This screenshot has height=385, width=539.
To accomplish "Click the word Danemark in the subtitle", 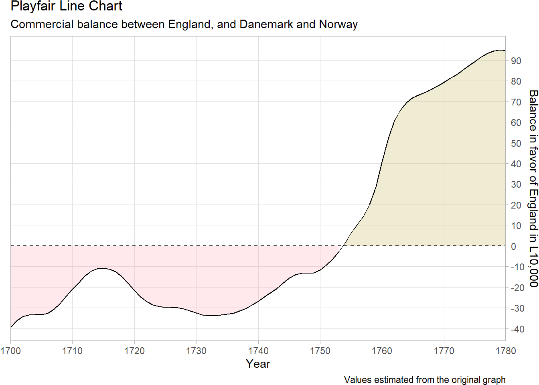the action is pos(266,24).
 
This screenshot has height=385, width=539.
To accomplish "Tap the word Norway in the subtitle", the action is pos(338,25).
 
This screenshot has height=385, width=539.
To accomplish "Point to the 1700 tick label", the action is pos(10,351).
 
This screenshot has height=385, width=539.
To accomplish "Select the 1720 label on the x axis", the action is pos(134,351).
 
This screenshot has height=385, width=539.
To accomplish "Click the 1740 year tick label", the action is pos(258,351).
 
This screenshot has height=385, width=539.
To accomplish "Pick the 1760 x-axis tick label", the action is pos(382,351).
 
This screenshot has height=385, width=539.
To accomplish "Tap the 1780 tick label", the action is pos(506,351).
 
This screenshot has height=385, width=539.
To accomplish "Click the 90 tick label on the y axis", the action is pos(516,61).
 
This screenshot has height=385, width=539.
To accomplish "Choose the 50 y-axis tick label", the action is pos(516,144).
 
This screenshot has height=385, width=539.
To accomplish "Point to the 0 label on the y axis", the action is pos(513,246).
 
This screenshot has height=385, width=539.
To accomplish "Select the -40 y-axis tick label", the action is pos(518,329).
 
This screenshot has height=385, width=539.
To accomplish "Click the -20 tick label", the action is pos(518,288).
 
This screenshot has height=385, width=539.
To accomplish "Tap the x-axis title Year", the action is pos(258,364).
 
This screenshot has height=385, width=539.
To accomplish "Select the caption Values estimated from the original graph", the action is pos(425,380).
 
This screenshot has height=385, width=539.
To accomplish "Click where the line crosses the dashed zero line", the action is pos(344,246).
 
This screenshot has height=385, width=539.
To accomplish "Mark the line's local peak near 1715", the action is pos(103,268).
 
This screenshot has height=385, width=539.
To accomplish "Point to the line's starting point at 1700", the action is pos(11,328).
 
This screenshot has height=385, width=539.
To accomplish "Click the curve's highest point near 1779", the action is pos(500,50).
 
